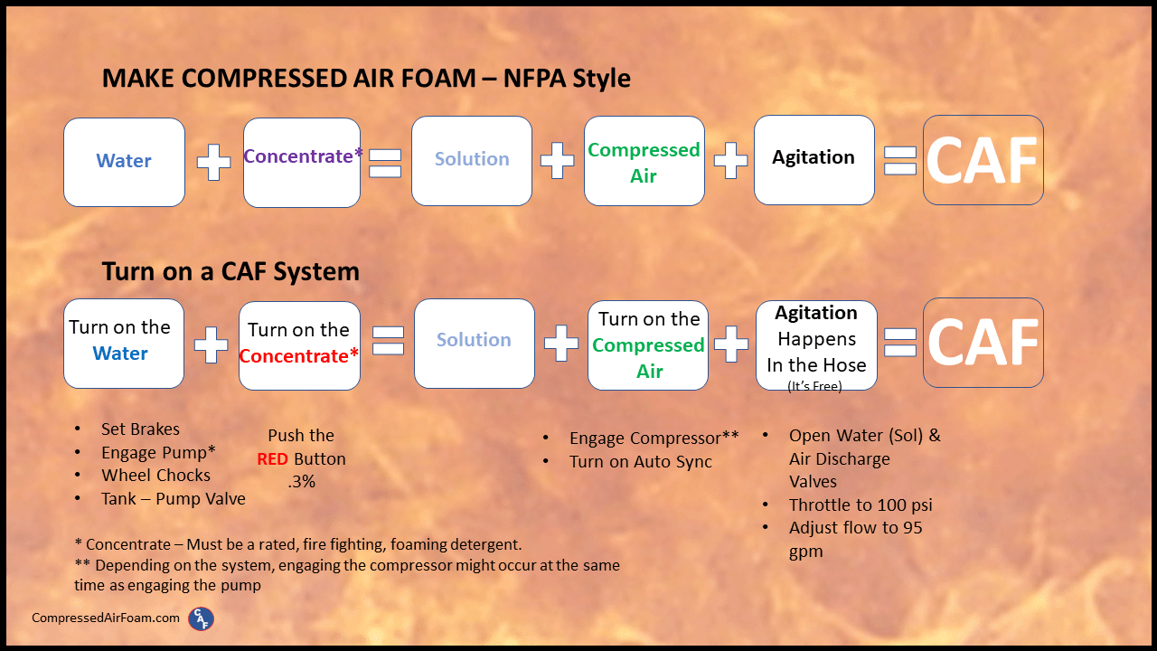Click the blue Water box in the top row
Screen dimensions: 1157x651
click(124, 162)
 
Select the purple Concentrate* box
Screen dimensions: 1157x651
click(302, 162)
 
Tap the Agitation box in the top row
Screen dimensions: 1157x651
click(814, 159)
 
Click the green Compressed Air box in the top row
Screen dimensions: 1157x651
click(644, 162)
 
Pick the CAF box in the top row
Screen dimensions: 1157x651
click(983, 160)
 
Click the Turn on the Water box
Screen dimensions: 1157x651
click(124, 344)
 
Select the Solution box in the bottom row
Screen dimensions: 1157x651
click(474, 343)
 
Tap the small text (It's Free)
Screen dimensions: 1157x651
click(814, 385)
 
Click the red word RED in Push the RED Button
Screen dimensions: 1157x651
click(272, 458)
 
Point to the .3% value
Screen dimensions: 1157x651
click(301, 482)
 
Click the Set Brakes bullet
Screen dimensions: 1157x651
click(140, 429)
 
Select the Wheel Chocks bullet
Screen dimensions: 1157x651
click(155, 476)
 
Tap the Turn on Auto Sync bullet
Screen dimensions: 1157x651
click(640, 462)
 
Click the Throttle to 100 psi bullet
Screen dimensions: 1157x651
click(860, 505)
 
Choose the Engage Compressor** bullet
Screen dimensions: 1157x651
click(654, 439)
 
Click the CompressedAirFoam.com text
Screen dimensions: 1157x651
click(106, 618)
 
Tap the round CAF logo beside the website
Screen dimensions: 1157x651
click(201, 618)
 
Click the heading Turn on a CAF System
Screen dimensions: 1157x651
click(230, 271)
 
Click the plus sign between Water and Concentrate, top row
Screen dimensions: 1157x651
click(213, 163)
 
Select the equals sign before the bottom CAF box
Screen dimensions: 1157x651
click(899, 342)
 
